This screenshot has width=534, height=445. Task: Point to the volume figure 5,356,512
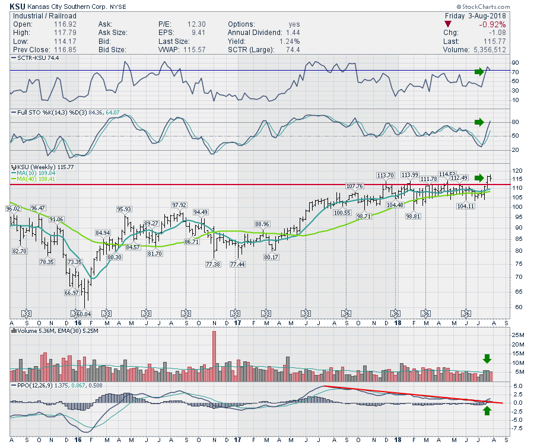(485, 50)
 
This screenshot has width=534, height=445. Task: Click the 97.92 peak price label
(179, 205)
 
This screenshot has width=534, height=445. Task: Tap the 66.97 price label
(71, 293)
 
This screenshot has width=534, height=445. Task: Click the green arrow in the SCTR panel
(479, 72)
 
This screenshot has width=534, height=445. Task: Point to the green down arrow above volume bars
(487, 358)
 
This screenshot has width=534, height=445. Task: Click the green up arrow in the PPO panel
(487, 411)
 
